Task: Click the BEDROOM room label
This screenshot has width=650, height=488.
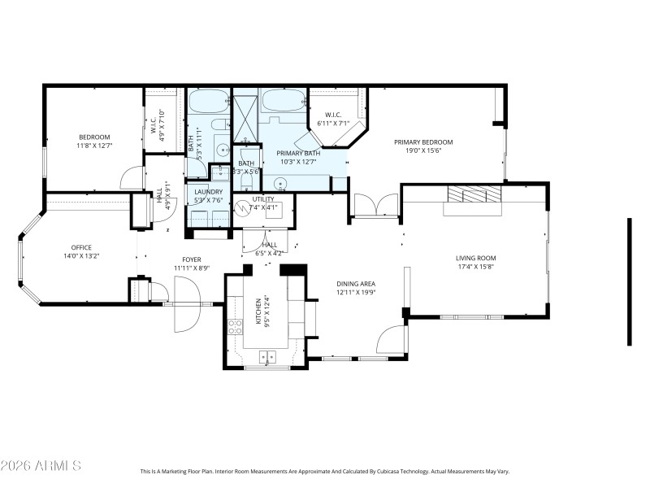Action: point(94,137)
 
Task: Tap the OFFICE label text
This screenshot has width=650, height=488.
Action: point(81,247)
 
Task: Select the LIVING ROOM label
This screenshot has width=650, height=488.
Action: point(475,258)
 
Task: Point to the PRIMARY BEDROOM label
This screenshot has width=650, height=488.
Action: point(423,142)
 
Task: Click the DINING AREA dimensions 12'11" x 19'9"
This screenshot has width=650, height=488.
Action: point(356,293)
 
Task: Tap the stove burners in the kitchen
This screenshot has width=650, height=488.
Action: point(235,327)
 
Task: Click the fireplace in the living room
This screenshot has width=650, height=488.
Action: point(473,195)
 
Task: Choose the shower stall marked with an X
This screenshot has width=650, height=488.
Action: point(245,114)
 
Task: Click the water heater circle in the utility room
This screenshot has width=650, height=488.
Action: point(243,208)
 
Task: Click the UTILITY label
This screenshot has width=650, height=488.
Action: point(263,198)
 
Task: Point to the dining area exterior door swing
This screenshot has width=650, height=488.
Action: point(391,340)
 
